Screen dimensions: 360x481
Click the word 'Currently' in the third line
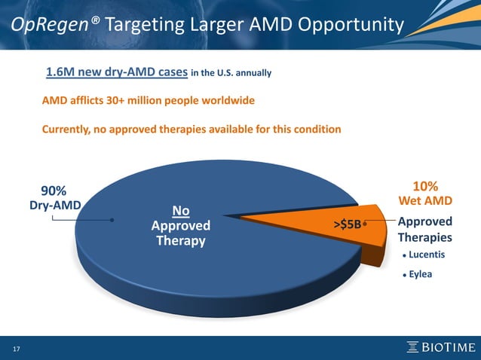[66, 130]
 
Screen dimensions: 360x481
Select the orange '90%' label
[54, 188]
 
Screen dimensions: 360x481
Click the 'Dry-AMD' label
[54, 203]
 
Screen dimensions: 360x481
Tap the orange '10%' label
[426, 185]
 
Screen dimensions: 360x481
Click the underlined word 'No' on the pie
[181, 211]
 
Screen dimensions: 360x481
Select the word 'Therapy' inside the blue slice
[181, 241]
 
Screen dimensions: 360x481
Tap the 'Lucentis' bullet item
[427, 255]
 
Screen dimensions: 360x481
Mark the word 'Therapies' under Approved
[424, 238]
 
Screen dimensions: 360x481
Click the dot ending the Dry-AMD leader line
[112, 221]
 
